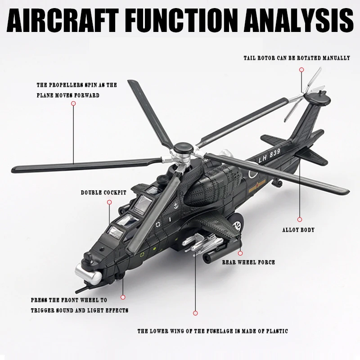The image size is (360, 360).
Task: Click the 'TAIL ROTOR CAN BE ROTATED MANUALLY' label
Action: click(x=297, y=58)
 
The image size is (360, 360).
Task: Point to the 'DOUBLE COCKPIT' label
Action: click(x=103, y=193)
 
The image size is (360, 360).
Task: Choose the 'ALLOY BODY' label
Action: click(x=298, y=230)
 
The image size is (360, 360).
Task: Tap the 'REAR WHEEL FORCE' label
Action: click(x=248, y=262)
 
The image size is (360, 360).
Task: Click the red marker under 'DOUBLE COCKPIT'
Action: click(x=109, y=202)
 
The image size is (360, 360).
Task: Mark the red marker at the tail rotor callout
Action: click(x=301, y=70)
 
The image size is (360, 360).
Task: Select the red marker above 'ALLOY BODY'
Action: click(x=299, y=215)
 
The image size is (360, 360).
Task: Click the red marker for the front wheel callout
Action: click(x=123, y=297)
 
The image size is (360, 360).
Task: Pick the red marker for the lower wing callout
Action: click(x=196, y=312)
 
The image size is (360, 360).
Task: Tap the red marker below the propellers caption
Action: click(x=73, y=103)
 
